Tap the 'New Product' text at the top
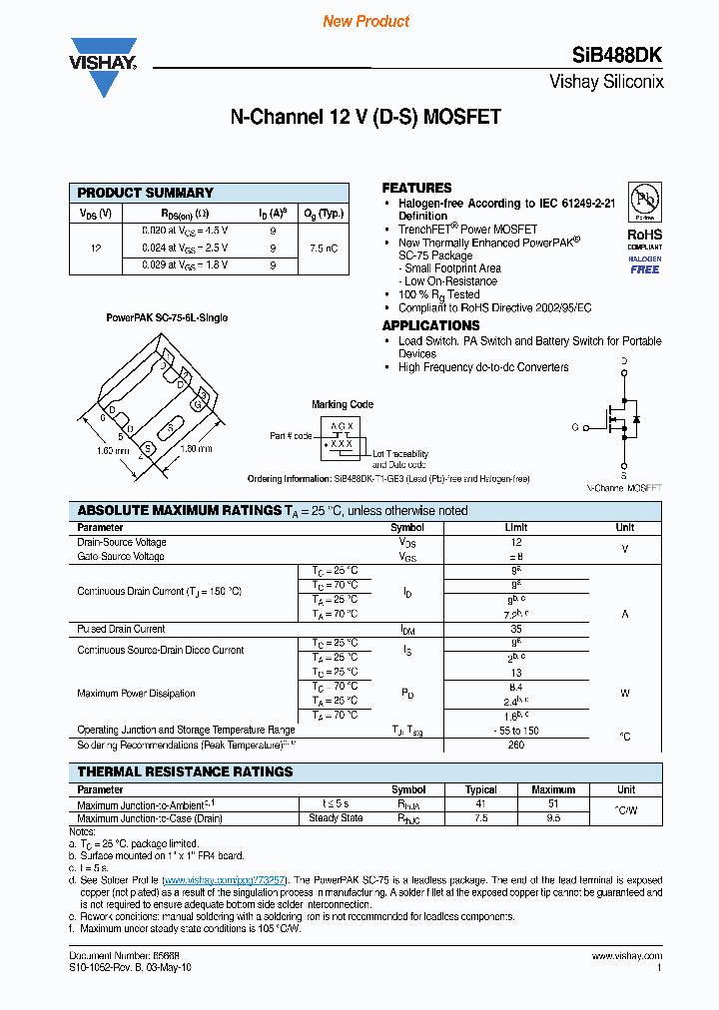365,21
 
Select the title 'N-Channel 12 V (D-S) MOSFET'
365,117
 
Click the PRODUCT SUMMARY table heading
146,193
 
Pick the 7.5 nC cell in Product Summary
324,248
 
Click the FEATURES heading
416,188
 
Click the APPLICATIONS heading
430,325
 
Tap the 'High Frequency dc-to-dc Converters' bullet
483,367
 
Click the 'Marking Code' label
343,404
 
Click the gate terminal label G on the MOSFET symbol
575,427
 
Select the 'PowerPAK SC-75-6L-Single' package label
167,317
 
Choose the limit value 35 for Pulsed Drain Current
515,630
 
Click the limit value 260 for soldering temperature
515,745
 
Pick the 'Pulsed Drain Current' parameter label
121,630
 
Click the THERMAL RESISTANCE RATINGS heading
185,771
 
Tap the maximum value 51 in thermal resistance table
553,804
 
